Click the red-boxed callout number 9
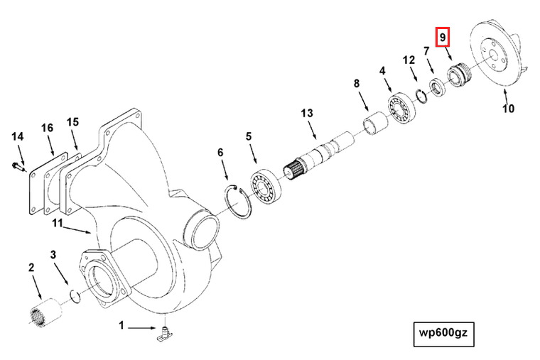point(443,36)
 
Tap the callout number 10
point(509,109)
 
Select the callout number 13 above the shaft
point(306,114)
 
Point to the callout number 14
point(17,136)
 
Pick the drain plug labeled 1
point(164,334)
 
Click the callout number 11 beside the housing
point(58,223)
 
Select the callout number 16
point(47,128)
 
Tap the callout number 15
point(72,122)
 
